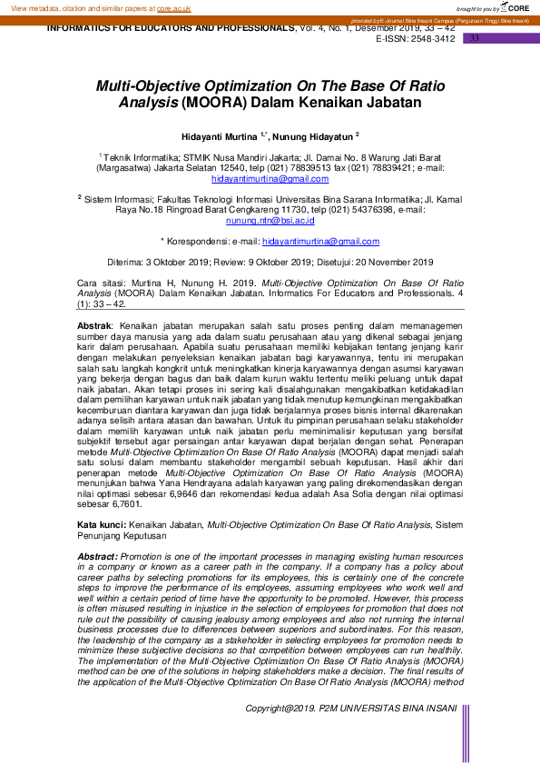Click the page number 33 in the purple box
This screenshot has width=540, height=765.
click(474, 38)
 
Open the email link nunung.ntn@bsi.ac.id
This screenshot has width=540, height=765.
click(270, 221)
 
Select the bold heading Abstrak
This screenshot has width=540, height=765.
click(93, 325)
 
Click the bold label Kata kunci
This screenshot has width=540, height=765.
click(100, 525)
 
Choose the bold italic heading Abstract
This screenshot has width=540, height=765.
click(97, 556)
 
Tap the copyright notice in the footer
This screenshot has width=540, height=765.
click(350, 732)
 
